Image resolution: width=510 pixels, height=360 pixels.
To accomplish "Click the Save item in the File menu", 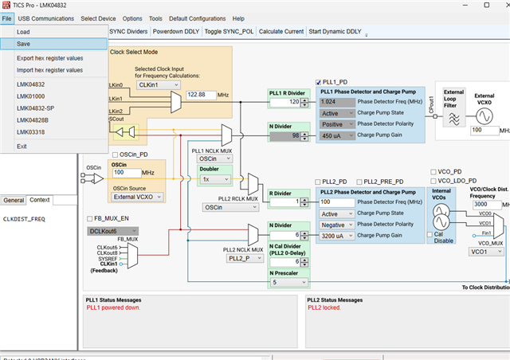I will click(x=24, y=44).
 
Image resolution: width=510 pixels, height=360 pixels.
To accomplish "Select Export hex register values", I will click(x=49, y=58).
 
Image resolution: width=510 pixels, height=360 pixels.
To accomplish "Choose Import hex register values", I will click(x=49, y=70).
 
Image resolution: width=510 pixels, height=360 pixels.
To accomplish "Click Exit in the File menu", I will click(x=22, y=146).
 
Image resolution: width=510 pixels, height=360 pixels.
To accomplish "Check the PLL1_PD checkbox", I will click(x=319, y=81).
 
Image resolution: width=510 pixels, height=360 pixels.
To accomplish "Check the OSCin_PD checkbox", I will click(x=117, y=154).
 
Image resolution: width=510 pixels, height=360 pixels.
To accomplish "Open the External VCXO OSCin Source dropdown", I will click(x=137, y=196).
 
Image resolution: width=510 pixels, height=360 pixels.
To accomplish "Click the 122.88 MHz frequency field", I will click(x=206, y=94).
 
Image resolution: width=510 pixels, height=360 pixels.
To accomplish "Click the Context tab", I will click(x=39, y=200).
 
